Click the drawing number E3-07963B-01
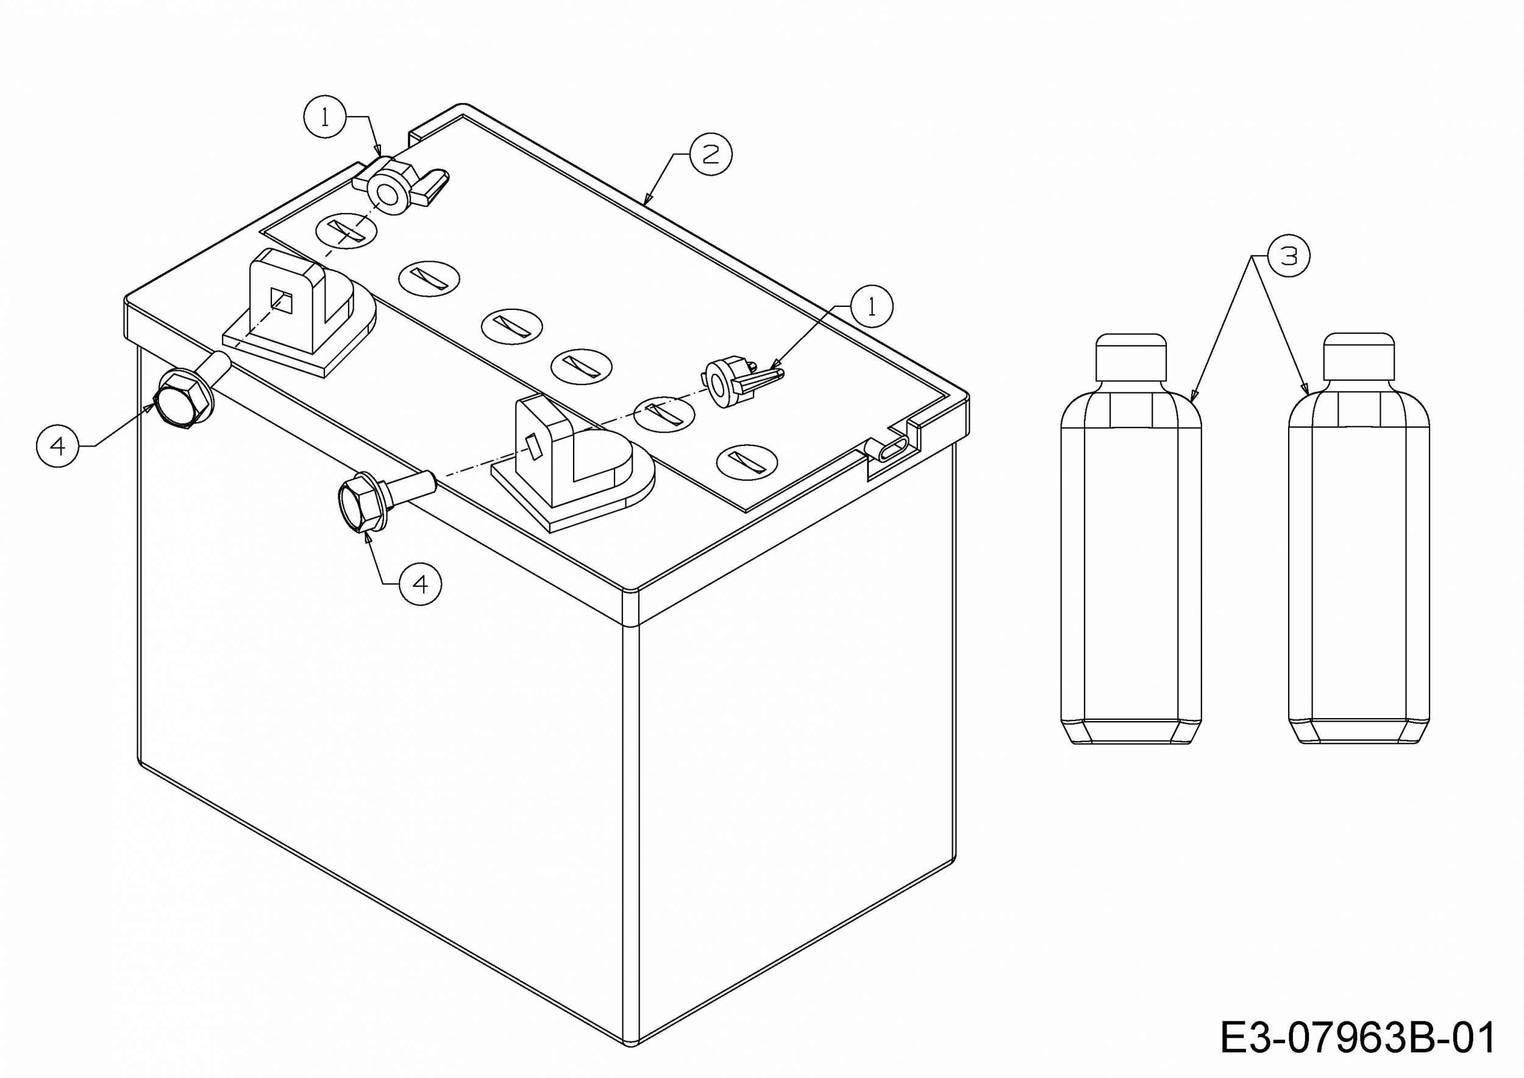coord(1358,1039)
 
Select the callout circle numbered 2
coord(711,154)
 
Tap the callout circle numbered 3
coord(1289,256)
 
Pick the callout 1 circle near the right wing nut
coord(872,306)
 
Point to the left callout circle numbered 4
coord(58,446)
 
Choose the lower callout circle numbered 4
coord(420,584)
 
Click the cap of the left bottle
coord(1131,358)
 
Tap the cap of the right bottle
coord(1359,358)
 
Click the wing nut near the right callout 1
coord(739,382)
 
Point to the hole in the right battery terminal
coord(533,447)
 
